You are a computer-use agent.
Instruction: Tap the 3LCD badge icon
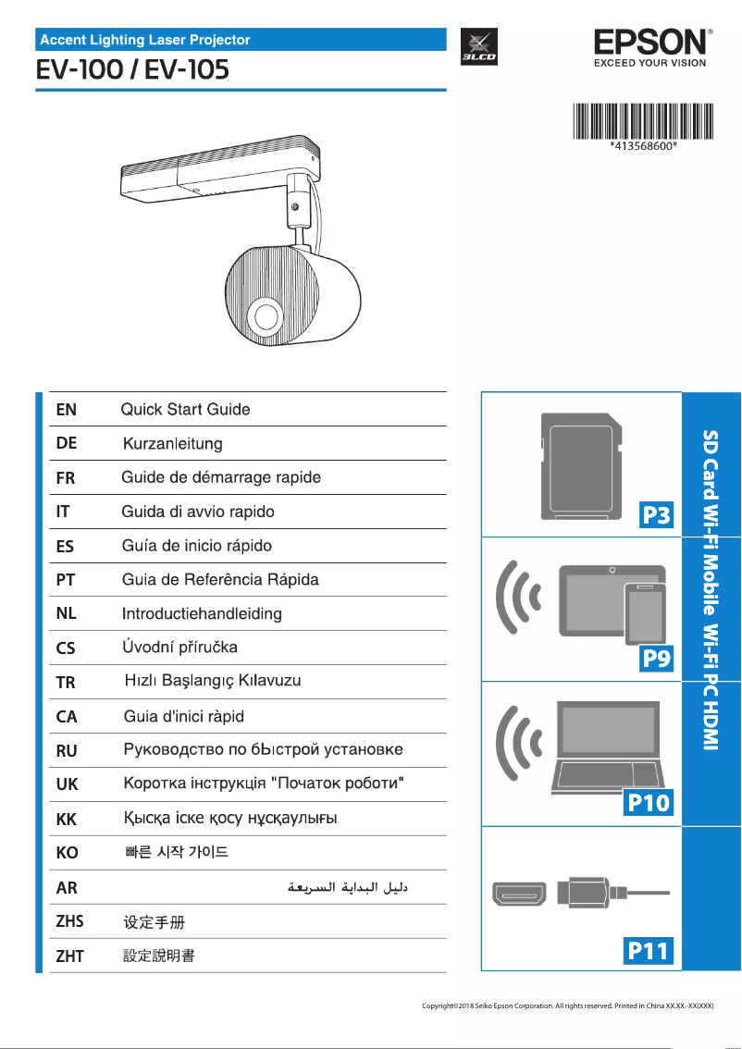pyautogui.click(x=479, y=47)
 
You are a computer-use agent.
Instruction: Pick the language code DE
pyautogui.click(x=67, y=443)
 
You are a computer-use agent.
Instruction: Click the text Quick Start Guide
pyautogui.click(x=186, y=409)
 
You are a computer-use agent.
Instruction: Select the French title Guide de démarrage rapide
pyautogui.click(x=221, y=477)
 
